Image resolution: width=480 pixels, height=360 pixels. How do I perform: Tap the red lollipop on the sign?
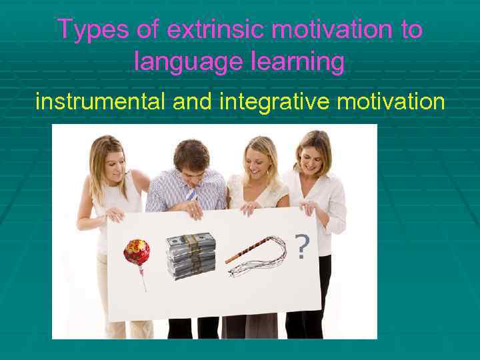(137, 253)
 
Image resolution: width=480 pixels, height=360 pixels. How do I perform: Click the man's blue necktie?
(191, 195)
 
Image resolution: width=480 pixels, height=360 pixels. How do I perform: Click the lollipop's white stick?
(141, 278)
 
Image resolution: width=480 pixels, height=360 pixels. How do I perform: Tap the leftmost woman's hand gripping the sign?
(115, 215)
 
